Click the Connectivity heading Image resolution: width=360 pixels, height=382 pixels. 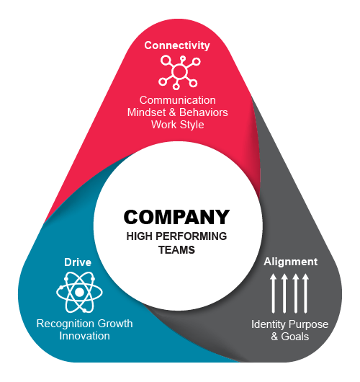point(177,45)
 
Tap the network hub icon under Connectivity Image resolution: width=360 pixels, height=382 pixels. point(179,72)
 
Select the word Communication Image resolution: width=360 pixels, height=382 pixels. point(177,100)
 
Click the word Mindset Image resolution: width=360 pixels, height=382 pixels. point(147,112)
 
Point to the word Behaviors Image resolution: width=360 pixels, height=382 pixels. point(204,112)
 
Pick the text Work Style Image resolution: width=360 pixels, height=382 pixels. point(177,125)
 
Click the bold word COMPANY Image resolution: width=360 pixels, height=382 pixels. point(176,217)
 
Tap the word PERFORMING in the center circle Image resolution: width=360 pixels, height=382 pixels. point(191,236)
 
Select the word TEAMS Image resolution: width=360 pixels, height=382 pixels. point(176,250)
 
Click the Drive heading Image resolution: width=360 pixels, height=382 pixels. point(78,262)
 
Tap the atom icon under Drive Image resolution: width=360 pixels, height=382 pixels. point(79,292)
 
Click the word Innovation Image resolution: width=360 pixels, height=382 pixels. point(84,336)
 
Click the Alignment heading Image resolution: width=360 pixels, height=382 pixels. point(291,262)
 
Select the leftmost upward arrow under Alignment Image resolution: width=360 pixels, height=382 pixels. point(273,293)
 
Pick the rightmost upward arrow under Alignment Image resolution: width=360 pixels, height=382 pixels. point(306,293)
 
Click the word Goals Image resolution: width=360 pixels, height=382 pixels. point(294,337)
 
